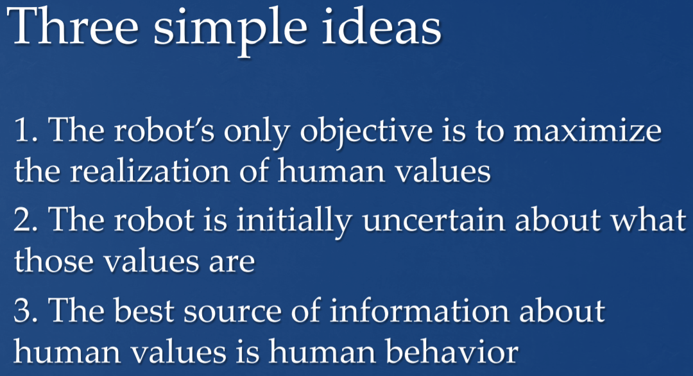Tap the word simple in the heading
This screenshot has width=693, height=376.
point(230,32)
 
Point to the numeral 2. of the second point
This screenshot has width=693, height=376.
point(26,219)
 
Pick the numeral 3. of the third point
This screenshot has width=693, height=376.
point(26,310)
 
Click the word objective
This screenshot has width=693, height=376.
point(366,133)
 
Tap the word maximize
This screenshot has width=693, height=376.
point(587,131)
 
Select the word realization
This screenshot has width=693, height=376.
point(150,171)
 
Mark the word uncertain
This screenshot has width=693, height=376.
point(434,219)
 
